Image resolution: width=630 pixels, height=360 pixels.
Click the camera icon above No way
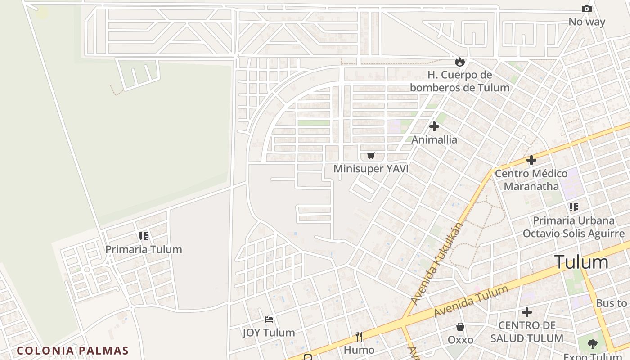pos(586,9)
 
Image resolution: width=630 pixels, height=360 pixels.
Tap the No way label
pos(587,22)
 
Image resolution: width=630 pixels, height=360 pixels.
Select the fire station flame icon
pos(459,62)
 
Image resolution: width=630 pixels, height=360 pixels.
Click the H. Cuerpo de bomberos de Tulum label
pos(459,81)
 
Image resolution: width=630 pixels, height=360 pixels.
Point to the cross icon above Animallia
pos(434,126)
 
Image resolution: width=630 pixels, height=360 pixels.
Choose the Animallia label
pos(434,139)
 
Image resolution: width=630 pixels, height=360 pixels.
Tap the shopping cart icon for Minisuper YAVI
pos(371,156)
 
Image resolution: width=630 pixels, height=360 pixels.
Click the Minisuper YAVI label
pos(371,169)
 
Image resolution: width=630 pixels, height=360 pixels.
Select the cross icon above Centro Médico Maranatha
pos(531,160)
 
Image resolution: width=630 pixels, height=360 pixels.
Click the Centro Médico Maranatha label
pos(531,180)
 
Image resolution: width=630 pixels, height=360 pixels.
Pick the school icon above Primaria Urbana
pos(573,207)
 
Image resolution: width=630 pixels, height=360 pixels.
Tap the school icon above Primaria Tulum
pos(144,236)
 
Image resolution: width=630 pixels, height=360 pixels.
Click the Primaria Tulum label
pos(144,249)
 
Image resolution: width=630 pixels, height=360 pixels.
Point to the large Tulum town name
pos(581,262)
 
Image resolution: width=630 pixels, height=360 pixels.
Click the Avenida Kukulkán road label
pos(437,263)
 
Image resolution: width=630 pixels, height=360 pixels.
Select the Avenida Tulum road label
pos(471,301)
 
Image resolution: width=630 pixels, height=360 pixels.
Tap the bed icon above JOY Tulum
pos(269,320)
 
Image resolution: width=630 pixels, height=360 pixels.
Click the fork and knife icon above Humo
pos(359,337)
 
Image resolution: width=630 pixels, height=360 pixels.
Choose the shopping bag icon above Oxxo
pos(460,327)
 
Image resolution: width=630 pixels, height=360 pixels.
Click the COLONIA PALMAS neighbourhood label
pos(73,351)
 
